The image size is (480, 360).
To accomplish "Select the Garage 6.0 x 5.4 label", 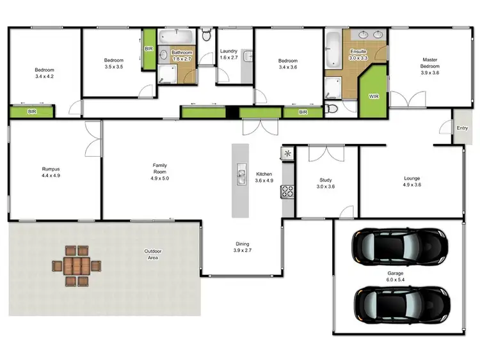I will coord(395,277).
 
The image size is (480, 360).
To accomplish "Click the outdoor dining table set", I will coord(77,265).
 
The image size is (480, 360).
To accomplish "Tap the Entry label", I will coord(462,128).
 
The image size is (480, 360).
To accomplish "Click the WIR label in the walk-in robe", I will coord(374,97).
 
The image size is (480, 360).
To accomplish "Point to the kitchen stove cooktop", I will coord(288,191).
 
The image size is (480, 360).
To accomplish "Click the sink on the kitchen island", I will coord(242,173).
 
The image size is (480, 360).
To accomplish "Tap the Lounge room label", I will coord(412,181).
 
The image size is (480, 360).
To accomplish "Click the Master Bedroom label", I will coord(429,65).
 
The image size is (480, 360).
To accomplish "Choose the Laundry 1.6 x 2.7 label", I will coord(228,54).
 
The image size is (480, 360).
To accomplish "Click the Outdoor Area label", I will coord(152,254).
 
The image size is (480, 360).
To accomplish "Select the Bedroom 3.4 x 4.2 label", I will coord(44,73).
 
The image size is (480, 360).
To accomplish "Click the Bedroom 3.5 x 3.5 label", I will coord(113,63).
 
